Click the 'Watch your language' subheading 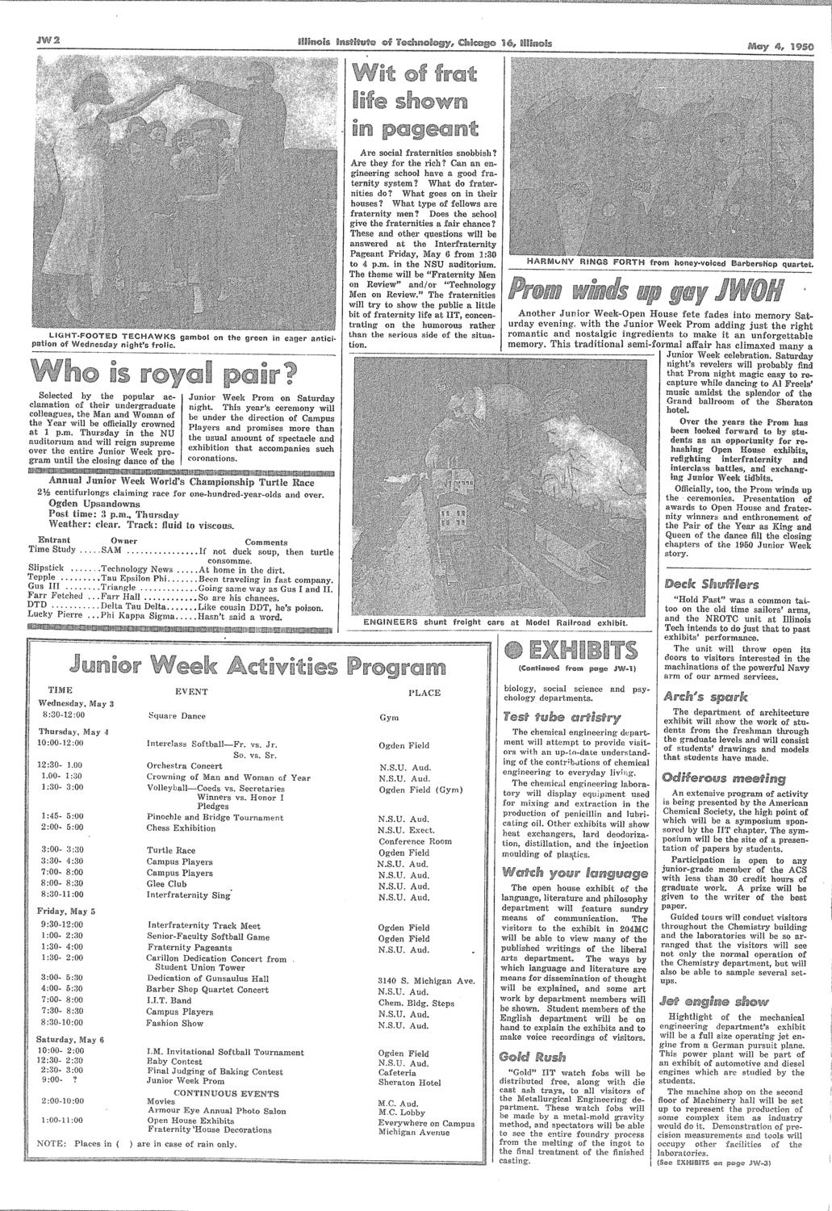[551, 871]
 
